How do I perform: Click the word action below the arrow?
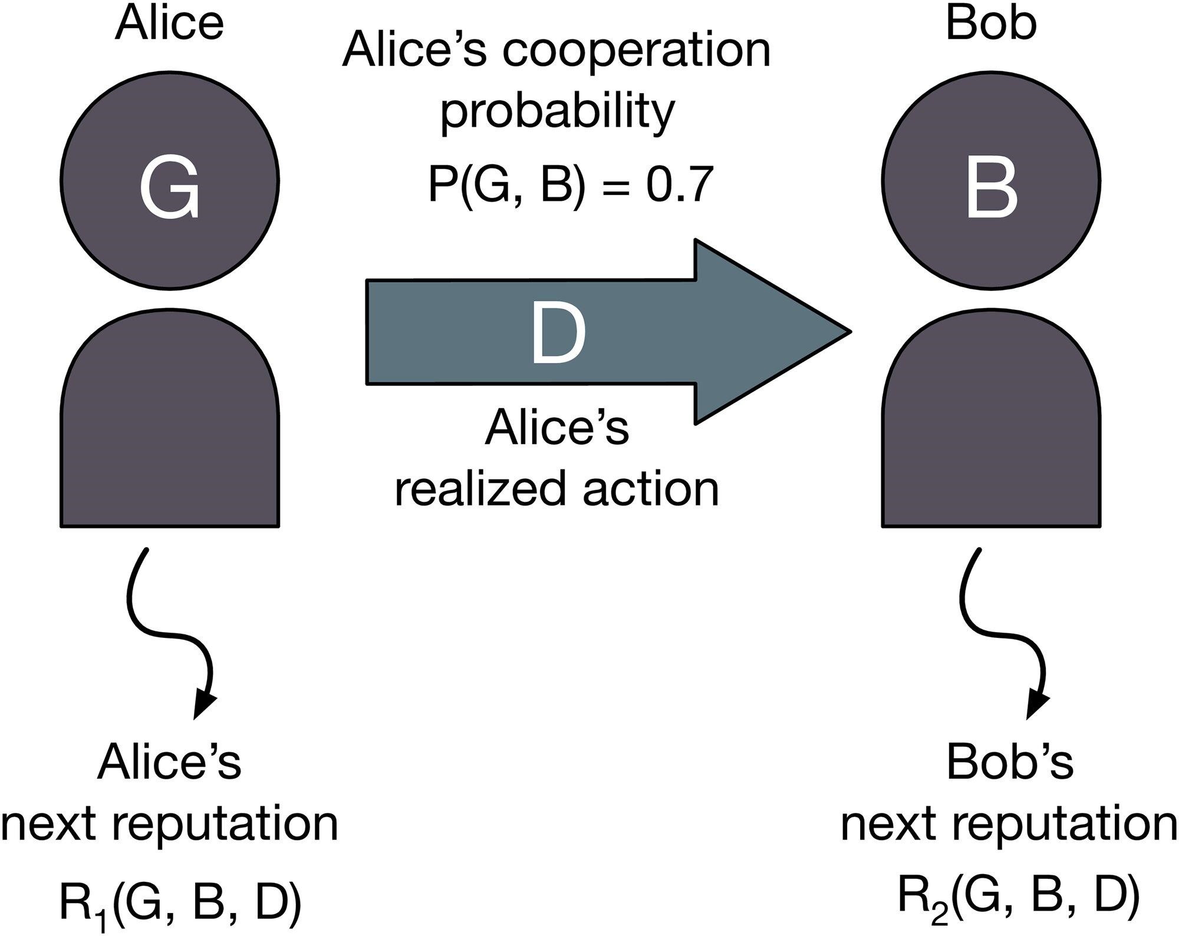click(x=651, y=488)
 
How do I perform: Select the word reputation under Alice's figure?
click(x=225, y=825)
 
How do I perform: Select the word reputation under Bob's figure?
click(x=1065, y=825)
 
